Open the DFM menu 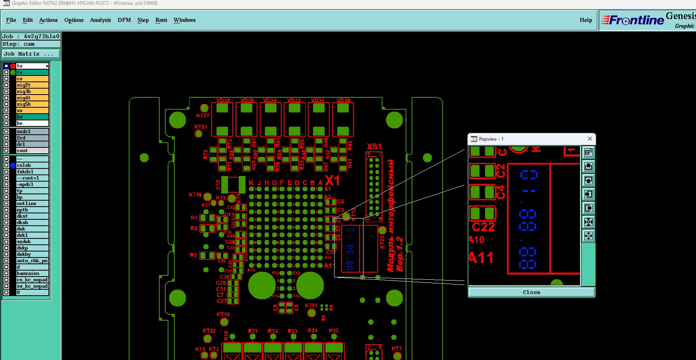pos(124,20)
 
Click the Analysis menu pos(100,20)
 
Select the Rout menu pos(161,20)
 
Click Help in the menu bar pos(586,20)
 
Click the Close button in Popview pos(531,292)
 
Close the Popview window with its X pos(590,139)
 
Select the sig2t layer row pos(32,85)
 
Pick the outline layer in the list pos(32,203)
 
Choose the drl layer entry pos(32,144)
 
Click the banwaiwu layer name pos(32,273)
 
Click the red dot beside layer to pos(13,66)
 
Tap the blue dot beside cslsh pos(13,165)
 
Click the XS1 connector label pos(374,147)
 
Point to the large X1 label pos(333,181)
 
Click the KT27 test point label pos(203,116)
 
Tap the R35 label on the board pos(334,331)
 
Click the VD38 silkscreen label pos(223,101)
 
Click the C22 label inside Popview pos(483,227)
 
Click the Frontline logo pos(632,20)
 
